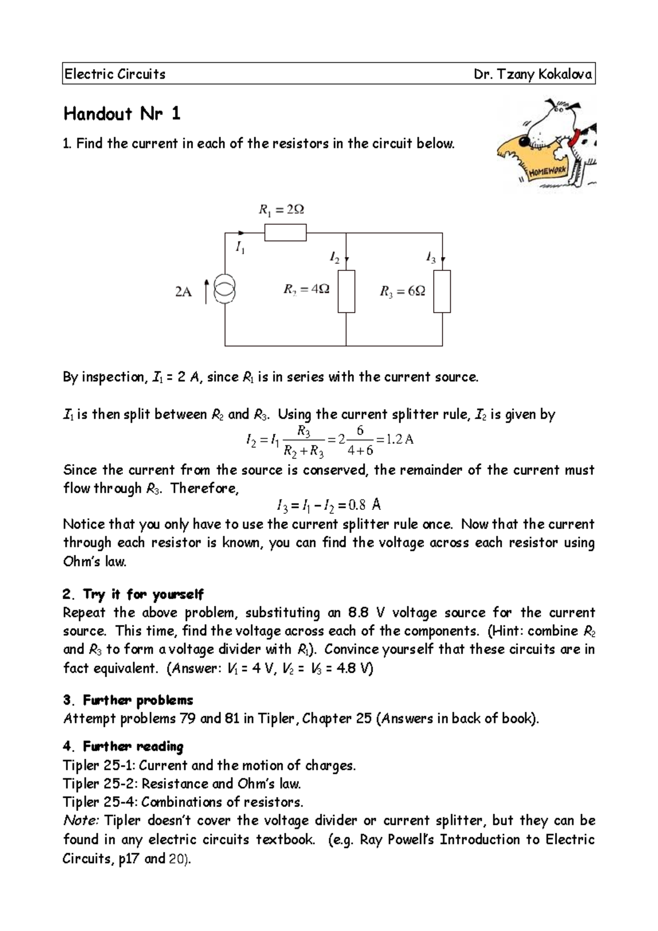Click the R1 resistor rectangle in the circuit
click(285, 232)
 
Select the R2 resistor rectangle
click(346, 291)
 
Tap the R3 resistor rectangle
click(442, 291)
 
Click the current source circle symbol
click(225, 291)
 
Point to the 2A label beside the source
click(183, 292)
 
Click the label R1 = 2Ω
click(281, 210)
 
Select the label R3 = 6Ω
click(402, 292)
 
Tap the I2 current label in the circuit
click(334, 257)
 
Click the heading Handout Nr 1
click(122, 114)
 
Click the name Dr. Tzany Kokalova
click(532, 75)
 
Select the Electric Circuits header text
click(115, 75)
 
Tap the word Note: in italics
click(81, 821)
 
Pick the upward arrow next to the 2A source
click(206, 291)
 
